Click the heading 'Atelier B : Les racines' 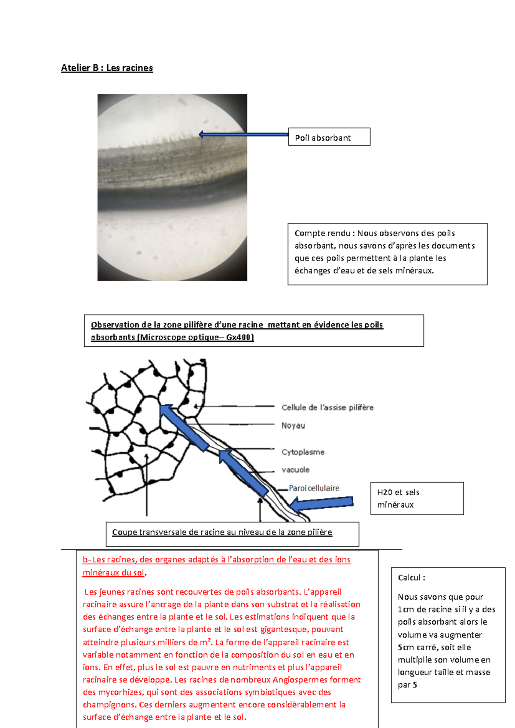107,68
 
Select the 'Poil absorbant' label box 329,137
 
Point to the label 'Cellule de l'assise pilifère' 327,407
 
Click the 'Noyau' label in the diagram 293,425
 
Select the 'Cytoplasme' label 303,452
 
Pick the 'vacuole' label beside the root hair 295,470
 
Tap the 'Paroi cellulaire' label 314,488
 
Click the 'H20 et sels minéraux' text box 417,498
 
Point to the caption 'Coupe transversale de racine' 222,532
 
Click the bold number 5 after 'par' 415,685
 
